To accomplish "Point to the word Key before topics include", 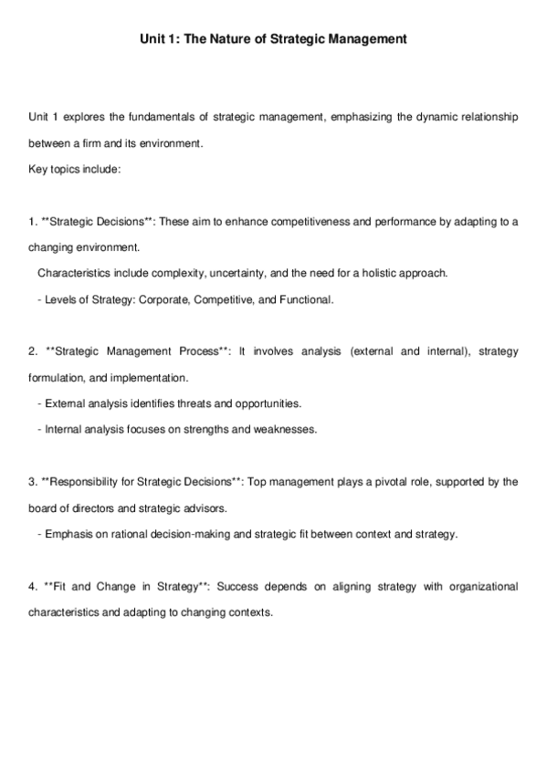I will pyautogui.click(x=38, y=170).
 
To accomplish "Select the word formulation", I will pyautogui.click(x=59, y=377).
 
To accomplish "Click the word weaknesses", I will pyautogui.click(x=287, y=429).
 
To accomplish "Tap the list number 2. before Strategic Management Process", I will pyautogui.click(x=33, y=351).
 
